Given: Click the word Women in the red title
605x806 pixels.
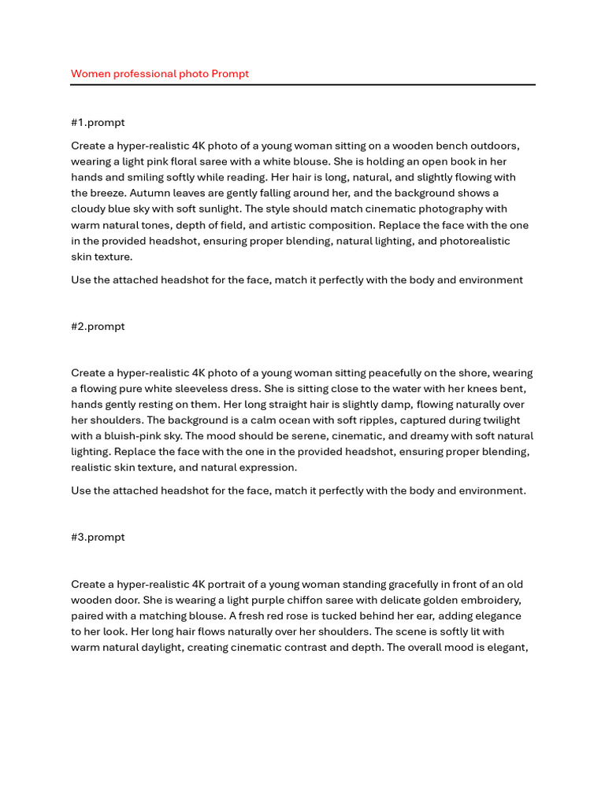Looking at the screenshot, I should point(89,74).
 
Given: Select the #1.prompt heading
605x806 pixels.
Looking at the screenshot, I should point(98,123).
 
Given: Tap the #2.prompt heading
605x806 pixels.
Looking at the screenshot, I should point(98,327).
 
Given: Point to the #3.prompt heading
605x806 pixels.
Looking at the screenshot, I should point(98,538).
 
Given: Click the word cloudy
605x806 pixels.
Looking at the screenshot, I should point(91,209).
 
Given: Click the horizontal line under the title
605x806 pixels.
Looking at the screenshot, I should point(302,84).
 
